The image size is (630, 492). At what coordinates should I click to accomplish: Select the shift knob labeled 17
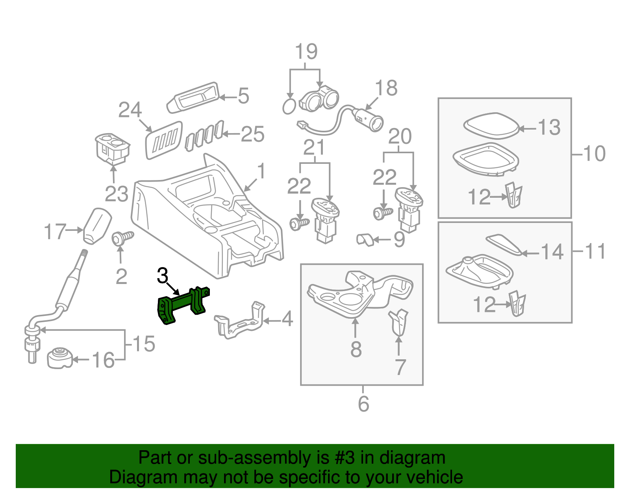tap(97, 226)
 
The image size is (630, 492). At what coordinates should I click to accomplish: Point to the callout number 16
tap(103, 360)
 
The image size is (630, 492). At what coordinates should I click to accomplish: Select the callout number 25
tap(252, 134)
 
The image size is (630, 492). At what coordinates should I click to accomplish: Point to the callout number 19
tap(306, 52)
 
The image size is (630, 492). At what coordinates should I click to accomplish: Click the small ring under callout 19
tap(289, 106)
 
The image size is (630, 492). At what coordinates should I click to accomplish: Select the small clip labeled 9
tap(365, 239)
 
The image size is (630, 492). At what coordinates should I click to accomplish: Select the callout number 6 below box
tap(363, 404)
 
